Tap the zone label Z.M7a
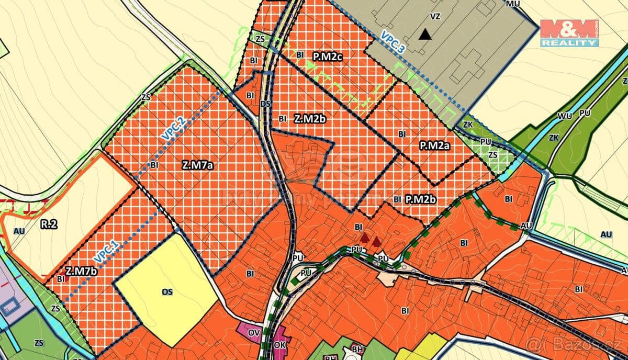click(197, 165)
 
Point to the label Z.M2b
click(310, 118)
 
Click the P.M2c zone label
click(328, 56)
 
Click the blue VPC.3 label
click(393, 42)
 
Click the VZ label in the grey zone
click(435, 16)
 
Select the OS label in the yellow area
click(167, 291)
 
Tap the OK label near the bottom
click(280, 346)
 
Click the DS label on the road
click(265, 104)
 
